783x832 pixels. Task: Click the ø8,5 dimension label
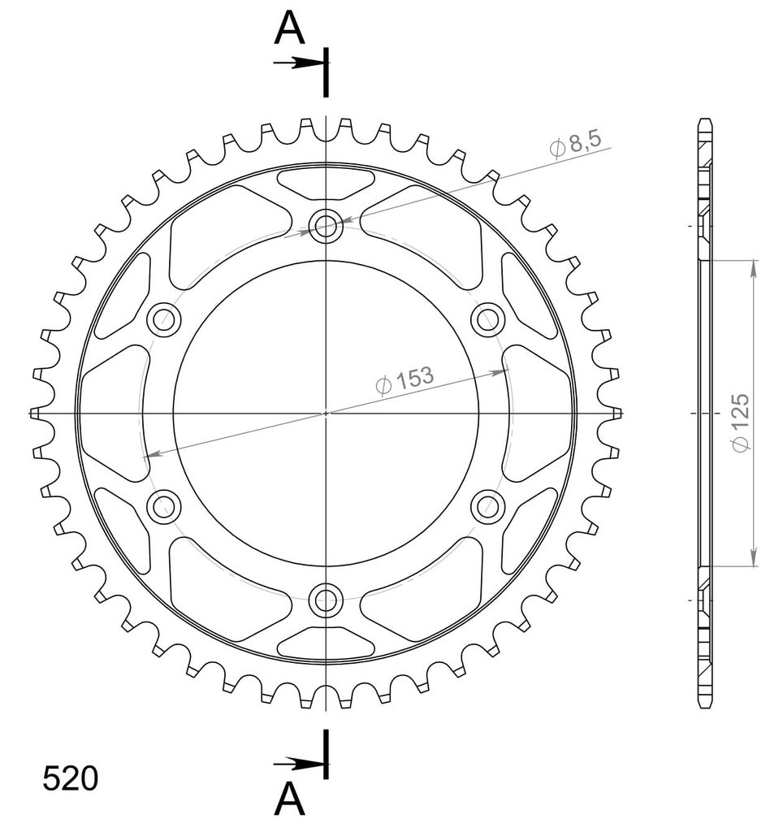tap(576, 143)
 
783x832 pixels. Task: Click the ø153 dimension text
tap(404, 380)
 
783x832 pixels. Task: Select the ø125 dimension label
tap(739, 422)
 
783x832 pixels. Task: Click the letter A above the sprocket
tap(290, 28)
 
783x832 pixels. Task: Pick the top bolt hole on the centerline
tap(326, 226)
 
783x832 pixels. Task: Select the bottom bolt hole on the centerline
tap(326, 600)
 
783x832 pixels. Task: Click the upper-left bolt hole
tap(164, 319)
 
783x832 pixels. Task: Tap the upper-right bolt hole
tap(487, 319)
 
